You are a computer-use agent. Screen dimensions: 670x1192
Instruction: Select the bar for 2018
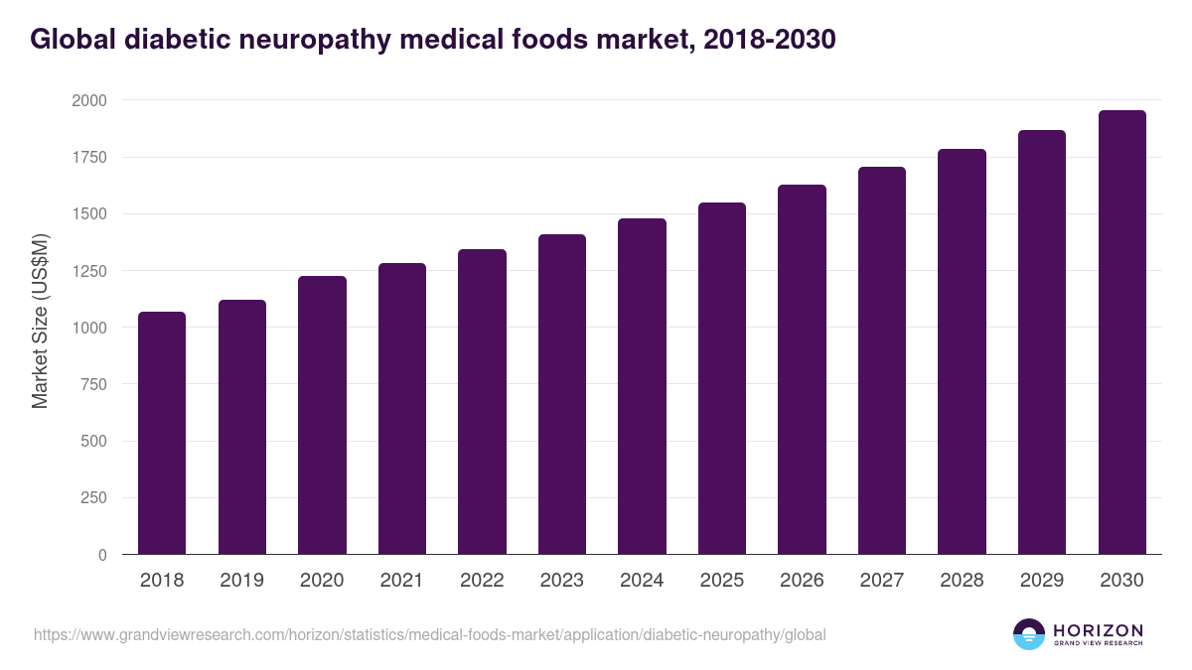[162, 433]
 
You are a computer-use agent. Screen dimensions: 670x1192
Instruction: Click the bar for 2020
[322, 415]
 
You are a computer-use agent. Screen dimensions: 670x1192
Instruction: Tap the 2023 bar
[561, 394]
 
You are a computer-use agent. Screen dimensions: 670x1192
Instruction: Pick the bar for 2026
[802, 369]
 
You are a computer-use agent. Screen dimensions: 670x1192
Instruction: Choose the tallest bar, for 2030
[1121, 333]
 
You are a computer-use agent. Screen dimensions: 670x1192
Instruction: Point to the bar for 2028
[962, 351]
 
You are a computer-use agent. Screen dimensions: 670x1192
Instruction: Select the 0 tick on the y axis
[103, 555]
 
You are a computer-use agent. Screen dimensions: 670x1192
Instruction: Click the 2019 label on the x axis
[242, 581]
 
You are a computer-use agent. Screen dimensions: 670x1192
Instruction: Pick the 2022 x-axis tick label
[482, 581]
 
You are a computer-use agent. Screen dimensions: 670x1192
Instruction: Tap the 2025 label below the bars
[722, 581]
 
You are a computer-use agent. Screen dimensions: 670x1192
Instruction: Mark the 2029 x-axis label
[1042, 581]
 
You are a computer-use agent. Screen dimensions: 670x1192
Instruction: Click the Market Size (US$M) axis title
[40, 321]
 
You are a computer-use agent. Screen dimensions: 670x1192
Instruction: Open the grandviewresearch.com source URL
[429, 634]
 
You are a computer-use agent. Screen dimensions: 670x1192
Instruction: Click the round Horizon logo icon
[1029, 634]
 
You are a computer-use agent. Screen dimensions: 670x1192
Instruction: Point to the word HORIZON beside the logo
[1099, 629]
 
